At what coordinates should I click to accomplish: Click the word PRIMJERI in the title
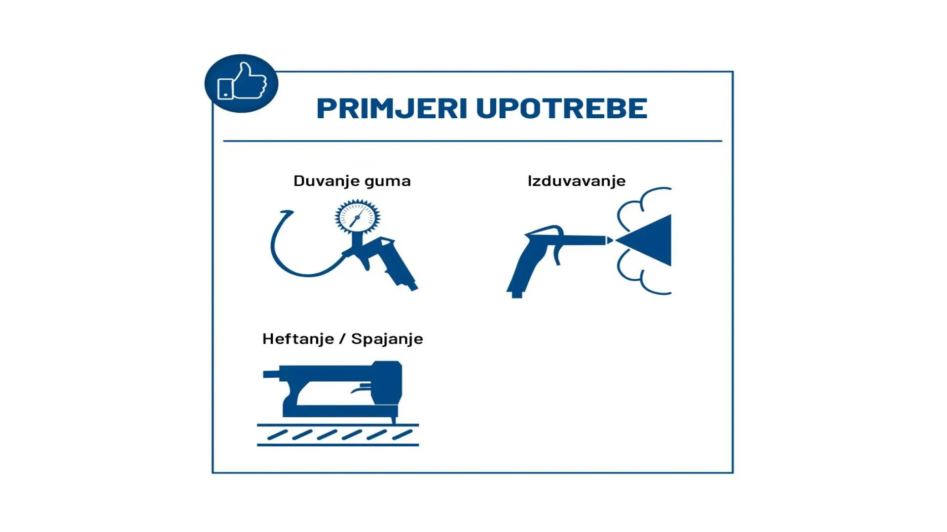click(392, 108)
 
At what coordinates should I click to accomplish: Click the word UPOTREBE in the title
click(562, 108)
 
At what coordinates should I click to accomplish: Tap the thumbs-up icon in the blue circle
click(242, 82)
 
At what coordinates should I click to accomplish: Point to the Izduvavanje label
click(577, 181)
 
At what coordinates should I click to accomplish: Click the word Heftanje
click(298, 339)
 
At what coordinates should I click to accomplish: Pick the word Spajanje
click(387, 339)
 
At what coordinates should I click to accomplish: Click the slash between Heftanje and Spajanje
click(342, 339)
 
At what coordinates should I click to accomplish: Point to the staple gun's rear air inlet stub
click(271, 374)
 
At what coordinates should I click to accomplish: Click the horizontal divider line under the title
click(473, 141)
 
